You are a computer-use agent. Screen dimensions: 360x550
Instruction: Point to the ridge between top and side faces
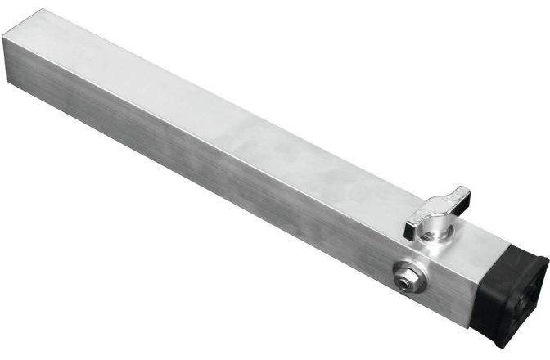coord(246,172)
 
